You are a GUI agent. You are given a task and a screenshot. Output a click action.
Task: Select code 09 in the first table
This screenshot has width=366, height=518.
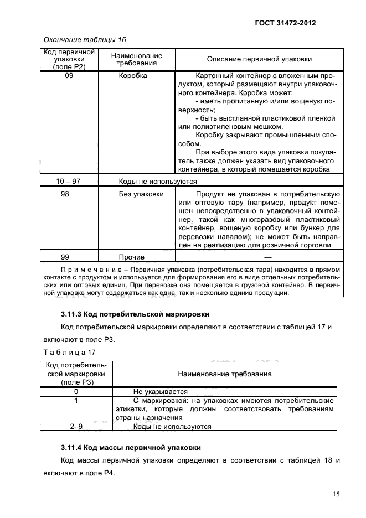(x=69, y=76)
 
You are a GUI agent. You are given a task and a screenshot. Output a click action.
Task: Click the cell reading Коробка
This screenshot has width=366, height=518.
(x=133, y=76)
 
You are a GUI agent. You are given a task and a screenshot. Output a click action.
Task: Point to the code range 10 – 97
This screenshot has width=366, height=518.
(x=69, y=181)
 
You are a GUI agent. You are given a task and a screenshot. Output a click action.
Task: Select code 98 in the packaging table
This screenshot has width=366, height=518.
(x=69, y=194)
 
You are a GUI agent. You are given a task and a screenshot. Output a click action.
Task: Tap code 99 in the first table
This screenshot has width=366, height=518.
(x=69, y=257)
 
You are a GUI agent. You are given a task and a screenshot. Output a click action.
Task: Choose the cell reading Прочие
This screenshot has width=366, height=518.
(x=132, y=257)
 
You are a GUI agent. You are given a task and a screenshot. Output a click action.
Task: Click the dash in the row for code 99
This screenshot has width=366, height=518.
(x=268, y=257)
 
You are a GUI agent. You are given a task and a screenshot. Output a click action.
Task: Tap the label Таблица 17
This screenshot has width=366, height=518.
(x=65, y=351)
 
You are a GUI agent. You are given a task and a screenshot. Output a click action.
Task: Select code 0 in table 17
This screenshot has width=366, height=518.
(x=76, y=391)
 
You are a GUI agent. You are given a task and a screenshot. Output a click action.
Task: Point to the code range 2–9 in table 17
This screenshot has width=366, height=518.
(x=76, y=427)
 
